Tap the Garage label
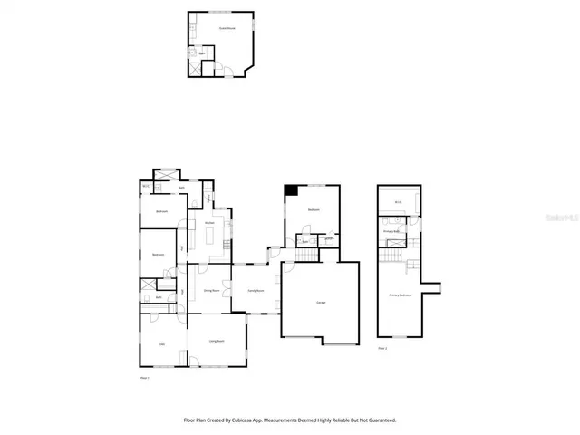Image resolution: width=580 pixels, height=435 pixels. tap(321, 302)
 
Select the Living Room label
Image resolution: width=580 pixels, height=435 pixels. tap(217, 341)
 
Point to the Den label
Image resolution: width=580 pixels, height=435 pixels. tap(163, 344)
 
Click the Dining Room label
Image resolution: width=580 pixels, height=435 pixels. tap(210, 291)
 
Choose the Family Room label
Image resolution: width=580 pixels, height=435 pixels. tap(256, 291)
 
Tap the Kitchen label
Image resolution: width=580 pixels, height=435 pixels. tap(208, 222)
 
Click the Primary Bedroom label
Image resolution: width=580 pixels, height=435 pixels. tap(401, 295)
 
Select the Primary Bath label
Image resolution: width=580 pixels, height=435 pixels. tap(391, 231)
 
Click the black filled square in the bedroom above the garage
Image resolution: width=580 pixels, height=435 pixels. tap(291, 189)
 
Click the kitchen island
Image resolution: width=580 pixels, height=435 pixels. tap(212, 237)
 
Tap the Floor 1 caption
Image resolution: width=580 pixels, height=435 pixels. tap(143, 377)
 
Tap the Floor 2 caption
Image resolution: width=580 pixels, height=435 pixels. tap(382, 347)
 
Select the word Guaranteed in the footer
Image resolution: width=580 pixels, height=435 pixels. tap(379, 420)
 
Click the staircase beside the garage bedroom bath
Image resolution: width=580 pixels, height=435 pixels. tap(305, 256)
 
